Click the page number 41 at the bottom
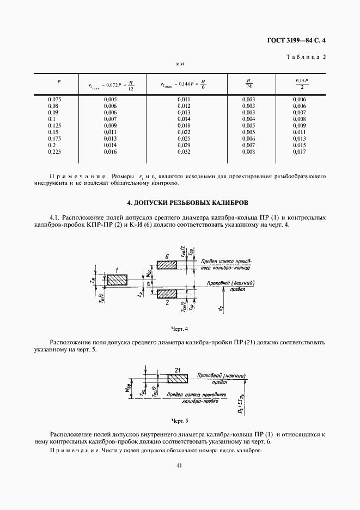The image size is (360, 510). tap(179, 465)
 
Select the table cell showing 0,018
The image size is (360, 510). tap(184, 125)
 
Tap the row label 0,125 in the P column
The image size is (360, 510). tap(56, 125)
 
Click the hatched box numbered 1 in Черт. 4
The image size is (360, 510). tap(117, 280)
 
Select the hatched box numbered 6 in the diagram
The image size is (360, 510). tap(167, 265)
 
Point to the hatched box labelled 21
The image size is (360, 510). tap(177, 377)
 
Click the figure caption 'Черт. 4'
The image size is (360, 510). tap(179, 329)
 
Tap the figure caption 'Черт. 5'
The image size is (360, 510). tap(179, 421)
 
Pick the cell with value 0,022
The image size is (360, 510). tap(184, 132)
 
